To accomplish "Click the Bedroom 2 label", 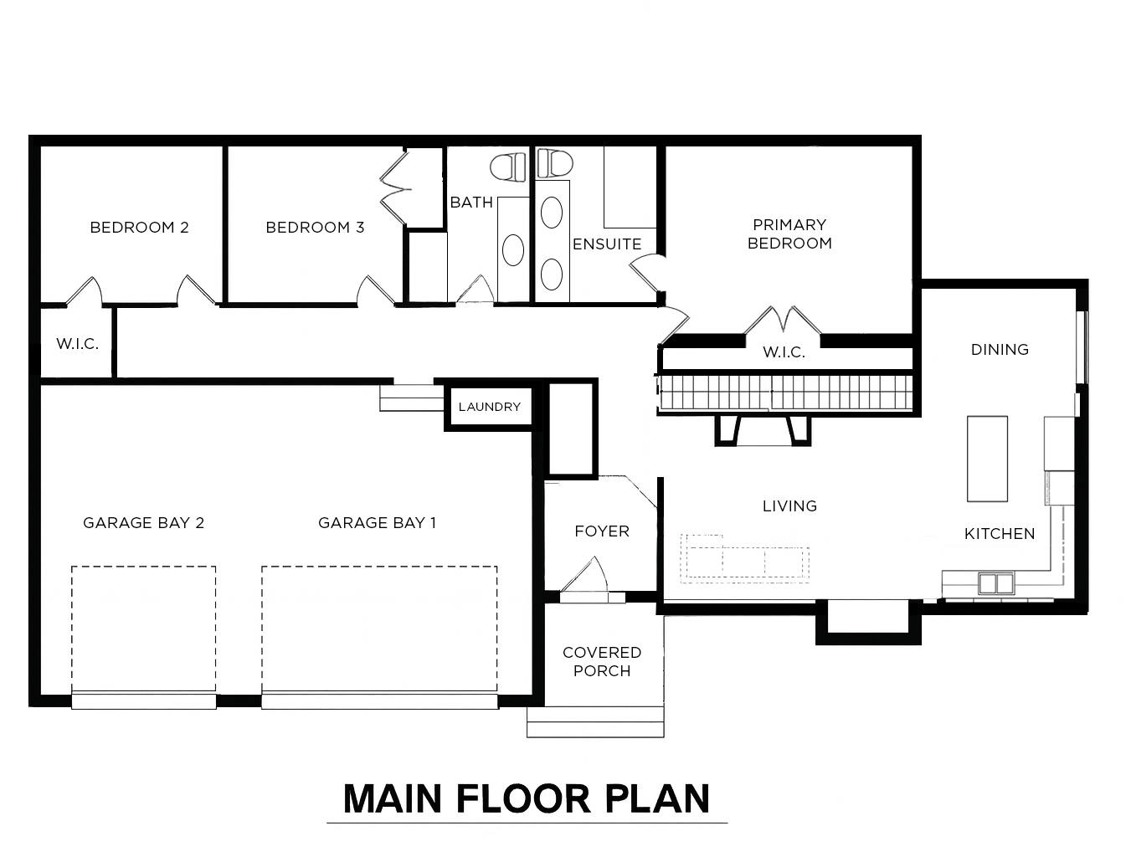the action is point(139,227).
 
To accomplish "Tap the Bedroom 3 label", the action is point(315,227).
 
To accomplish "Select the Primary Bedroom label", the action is point(789,233).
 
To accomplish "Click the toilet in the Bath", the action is point(507,167).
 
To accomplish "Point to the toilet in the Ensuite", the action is point(555,162).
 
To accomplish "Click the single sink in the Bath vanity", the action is point(512,250).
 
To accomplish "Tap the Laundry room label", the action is point(490,407).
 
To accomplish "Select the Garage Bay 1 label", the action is point(378,523).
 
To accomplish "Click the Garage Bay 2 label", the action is point(144,523).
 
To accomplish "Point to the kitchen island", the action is point(987,459).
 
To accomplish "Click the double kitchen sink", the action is point(996,583).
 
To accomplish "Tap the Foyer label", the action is point(602,531).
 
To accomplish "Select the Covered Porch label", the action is point(602,662).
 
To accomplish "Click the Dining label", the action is point(1000,350).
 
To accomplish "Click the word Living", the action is point(790,506).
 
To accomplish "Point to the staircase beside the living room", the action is point(787,393).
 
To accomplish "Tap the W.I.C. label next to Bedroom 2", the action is point(77,343).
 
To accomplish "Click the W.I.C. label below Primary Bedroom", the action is point(784,352).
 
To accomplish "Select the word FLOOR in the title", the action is point(523,798).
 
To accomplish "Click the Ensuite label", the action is point(607,244).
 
